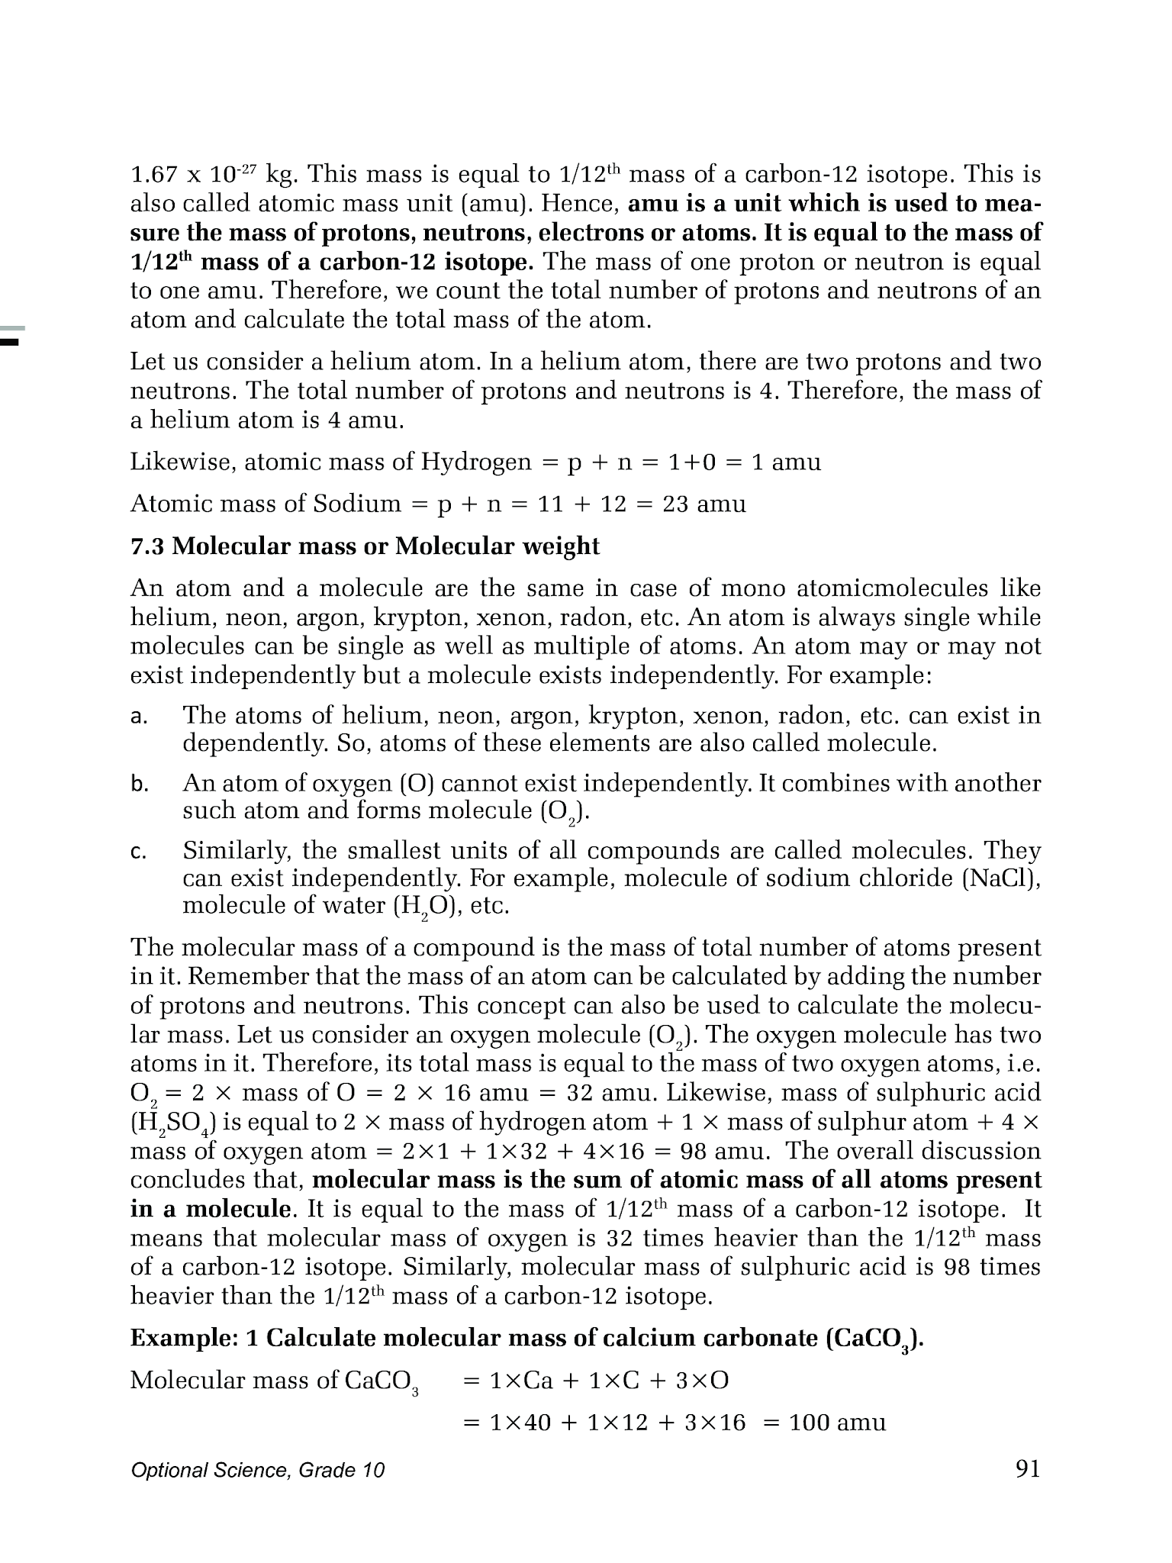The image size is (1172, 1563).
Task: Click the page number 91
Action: (1028, 1469)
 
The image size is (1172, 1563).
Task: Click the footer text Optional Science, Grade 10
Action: (258, 1471)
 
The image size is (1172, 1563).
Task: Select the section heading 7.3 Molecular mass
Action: (365, 546)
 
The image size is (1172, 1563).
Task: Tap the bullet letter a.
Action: (138, 717)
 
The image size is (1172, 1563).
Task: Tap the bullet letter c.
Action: (138, 852)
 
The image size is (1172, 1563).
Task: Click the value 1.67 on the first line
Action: (154, 176)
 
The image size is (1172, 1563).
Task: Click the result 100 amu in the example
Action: (837, 1423)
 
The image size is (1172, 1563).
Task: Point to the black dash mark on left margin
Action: (9, 342)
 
